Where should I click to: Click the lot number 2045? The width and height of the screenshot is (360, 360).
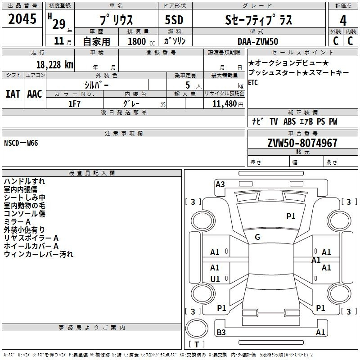point(22,19)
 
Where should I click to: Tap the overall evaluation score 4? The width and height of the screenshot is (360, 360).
point(343,20)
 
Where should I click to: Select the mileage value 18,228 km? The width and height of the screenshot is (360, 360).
point(54,65)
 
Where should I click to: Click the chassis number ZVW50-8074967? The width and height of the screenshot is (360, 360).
point(302,143)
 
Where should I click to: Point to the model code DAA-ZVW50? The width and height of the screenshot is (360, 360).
point(258,41)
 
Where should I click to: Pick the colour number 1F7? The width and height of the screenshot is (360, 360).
point(74,104)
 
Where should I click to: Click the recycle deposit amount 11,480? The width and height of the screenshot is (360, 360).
point(225,104)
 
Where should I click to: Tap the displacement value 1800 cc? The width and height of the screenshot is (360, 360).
point(141,41)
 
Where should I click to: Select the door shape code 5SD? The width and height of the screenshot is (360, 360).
point(174,20)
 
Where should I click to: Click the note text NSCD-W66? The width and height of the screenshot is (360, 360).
point(21,143)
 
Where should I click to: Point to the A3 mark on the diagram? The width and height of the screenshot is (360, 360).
point(220,184)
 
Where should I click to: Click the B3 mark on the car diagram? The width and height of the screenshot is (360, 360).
point(221,332)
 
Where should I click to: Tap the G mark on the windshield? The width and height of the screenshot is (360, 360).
point(257,237)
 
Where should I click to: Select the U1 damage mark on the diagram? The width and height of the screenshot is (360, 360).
point(215,279)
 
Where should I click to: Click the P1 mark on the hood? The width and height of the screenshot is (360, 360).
point(291,216)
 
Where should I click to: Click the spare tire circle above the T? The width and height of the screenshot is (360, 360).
point(197,328)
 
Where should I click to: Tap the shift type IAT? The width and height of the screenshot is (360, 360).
point(13,94)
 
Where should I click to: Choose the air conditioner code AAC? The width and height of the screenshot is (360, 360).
point(35,94)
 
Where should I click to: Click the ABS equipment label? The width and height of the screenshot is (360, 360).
point(289,121)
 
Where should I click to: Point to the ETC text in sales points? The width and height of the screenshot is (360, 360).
point(253,82)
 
